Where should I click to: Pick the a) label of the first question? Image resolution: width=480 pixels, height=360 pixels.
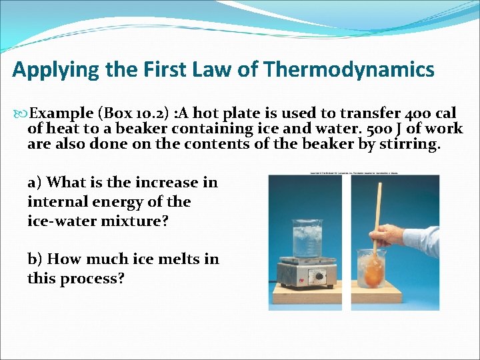(35, 183)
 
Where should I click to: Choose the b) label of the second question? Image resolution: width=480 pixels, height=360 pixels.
(35, 259)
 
